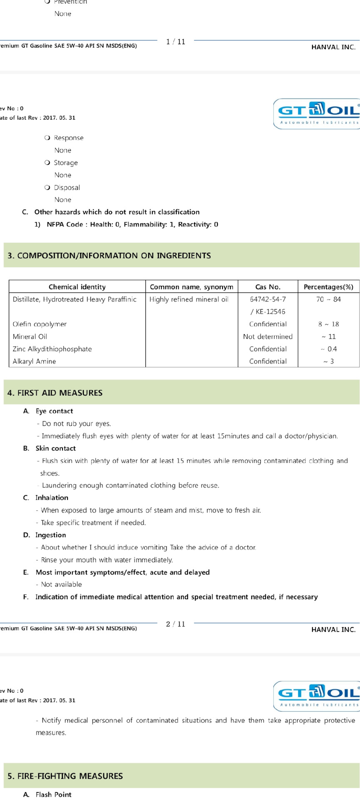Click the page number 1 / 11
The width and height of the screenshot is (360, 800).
point(175,42)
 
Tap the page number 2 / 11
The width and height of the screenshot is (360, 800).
point(175,624)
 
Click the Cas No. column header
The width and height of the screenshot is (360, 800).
point(267,287)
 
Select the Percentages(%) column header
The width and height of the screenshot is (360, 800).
point(328,287)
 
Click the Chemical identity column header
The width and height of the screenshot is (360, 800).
point(77,287)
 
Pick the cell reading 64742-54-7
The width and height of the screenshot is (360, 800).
point(267,299)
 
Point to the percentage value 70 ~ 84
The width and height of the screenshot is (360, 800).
point(328,299)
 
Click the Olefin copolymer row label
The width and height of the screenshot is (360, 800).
point(40,324)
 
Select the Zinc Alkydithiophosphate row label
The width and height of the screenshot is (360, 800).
point(52,349)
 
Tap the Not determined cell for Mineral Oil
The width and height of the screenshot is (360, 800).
point(267,337)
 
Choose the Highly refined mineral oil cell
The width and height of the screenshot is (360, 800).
point(189,299)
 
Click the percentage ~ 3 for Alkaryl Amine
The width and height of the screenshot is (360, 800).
point(328,361)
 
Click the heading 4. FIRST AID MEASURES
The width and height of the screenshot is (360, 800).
point(55,392)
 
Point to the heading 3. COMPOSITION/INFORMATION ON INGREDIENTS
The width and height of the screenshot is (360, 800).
point(109,255)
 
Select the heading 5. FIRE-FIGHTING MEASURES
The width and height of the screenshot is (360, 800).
point(65,776)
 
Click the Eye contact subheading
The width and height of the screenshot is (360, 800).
point(54,411)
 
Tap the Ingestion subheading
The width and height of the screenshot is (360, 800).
point(50,535)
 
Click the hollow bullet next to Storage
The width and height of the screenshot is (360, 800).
point(47,162)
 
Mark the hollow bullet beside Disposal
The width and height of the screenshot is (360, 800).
point(47,187)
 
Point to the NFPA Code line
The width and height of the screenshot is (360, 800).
point(132,225)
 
